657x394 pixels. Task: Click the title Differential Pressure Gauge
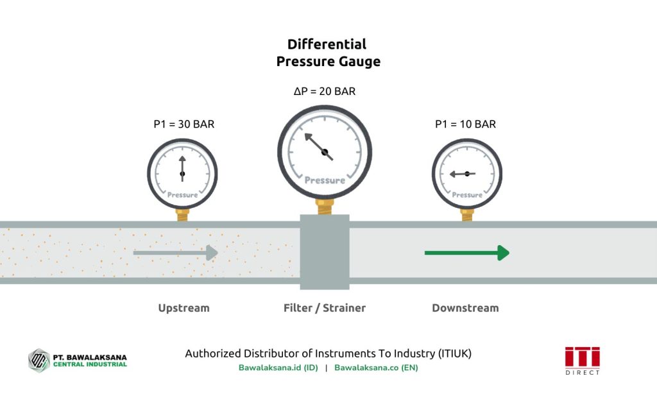pos(328,53)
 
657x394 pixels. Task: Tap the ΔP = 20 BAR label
pos(325,92)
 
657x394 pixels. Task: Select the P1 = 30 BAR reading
pos(184,124)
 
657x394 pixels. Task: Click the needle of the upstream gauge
pos(182,166)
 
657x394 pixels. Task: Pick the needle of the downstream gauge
pos(461,173)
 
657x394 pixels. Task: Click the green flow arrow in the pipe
pos(466,253)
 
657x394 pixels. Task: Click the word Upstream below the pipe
pos(183,308)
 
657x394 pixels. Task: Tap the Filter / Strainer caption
pos(325,308)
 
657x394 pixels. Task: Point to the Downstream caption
pos(465,308)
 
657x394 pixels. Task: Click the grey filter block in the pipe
pos(325,252)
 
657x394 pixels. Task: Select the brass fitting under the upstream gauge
pos(183,214)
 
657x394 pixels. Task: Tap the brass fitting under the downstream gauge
pos(466,214)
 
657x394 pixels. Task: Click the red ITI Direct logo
pos(582,359)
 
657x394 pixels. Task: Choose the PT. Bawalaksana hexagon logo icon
pos(39,360)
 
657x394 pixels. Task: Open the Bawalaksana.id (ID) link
pos(278,368)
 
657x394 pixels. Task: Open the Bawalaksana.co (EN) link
pos(376,368)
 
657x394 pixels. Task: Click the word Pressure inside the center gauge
pos(325,180)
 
